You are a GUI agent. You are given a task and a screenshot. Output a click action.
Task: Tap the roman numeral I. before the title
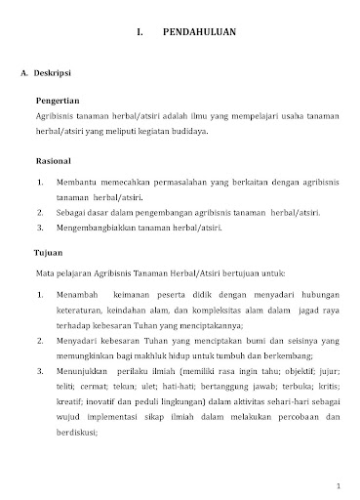tap(141, 33)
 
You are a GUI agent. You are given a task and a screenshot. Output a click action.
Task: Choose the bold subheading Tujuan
tap(49, 252)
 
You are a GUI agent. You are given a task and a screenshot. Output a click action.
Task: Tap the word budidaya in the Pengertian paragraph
tap(186, 130)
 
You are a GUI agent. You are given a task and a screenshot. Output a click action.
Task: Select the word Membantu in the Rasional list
tap(76, 182)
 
